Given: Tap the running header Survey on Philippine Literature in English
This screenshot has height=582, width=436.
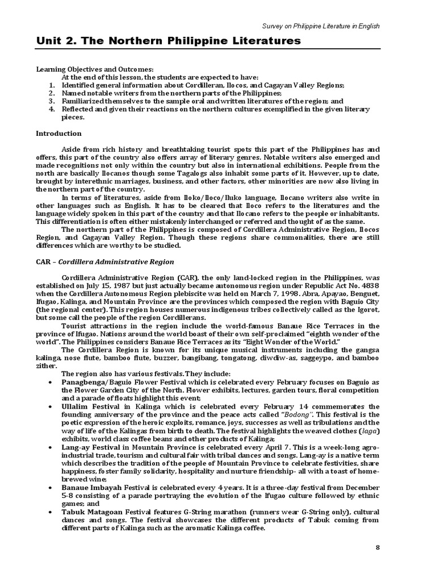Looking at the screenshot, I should click(x=320, y=26).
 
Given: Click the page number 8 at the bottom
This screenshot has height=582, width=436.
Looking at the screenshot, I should click(x=378, y=547).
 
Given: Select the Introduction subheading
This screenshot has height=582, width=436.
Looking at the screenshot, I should click(x=58, y=134).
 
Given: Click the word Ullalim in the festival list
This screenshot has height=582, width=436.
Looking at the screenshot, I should click(x=75, y=407).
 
